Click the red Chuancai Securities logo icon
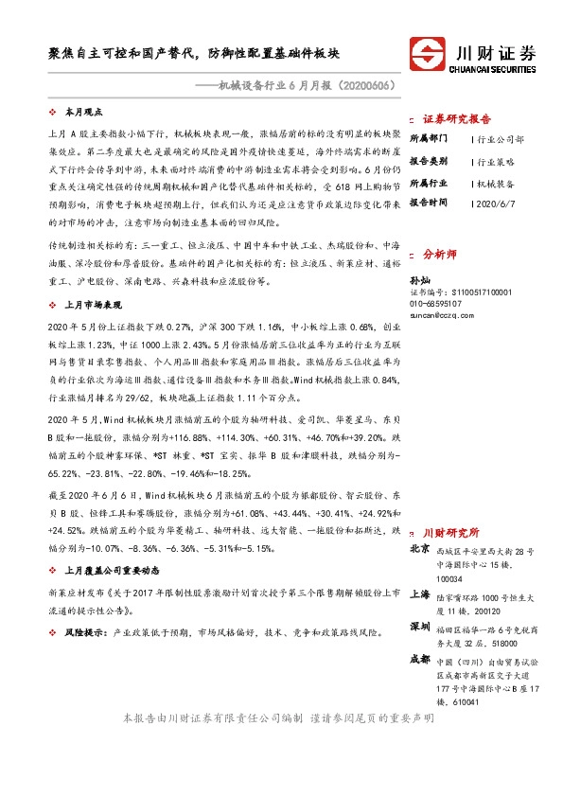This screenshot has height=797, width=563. coord(425,52)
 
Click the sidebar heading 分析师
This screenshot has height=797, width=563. coord(439,255)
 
